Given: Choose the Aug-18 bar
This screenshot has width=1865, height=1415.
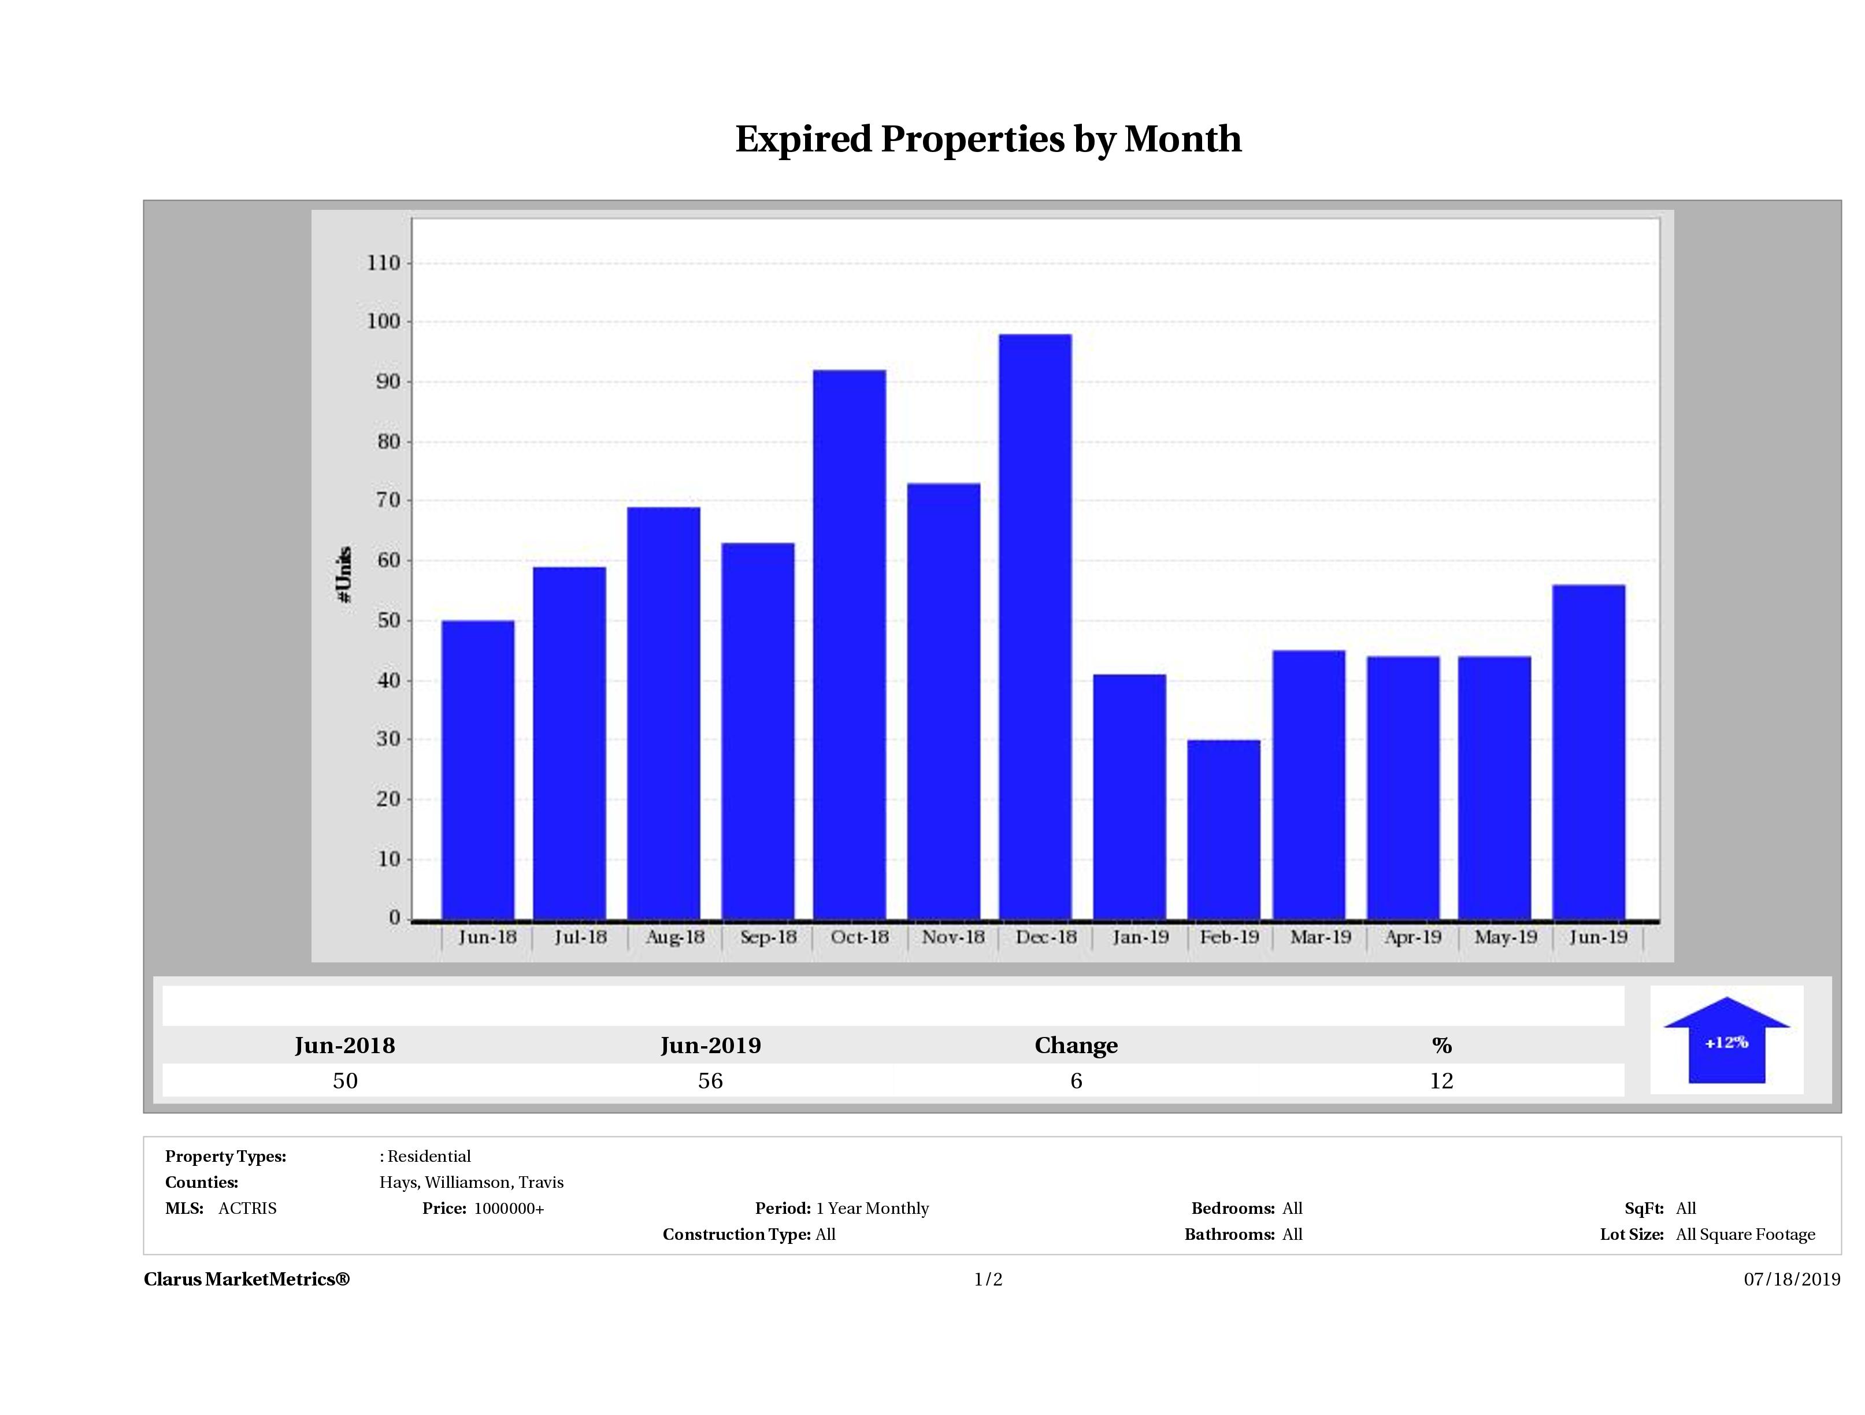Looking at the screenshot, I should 663,713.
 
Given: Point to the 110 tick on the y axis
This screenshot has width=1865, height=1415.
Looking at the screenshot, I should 384,263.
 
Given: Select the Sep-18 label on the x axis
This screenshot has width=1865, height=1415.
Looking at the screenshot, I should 768,937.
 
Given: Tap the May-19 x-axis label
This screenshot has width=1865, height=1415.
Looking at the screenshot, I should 1505,937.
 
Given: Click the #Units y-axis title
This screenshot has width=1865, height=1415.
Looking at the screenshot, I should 344,573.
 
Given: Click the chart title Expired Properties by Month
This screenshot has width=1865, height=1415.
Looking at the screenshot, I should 988,139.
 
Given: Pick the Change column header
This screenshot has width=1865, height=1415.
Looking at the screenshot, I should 1076,1046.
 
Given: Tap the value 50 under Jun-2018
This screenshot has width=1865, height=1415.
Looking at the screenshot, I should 345,1081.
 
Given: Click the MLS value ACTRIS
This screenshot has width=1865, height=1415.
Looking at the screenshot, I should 247,1209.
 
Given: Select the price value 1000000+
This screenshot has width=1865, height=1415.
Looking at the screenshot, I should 509,1209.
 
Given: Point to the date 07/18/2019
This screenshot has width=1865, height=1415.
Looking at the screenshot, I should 1792,1279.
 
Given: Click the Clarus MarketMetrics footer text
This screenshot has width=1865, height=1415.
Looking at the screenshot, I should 246,1279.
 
